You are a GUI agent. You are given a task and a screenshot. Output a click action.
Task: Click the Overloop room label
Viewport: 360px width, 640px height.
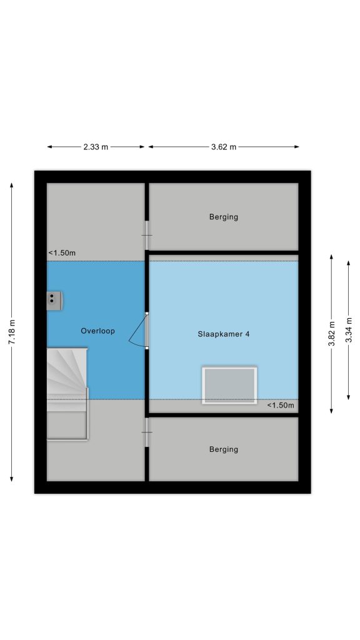tap(97, 331)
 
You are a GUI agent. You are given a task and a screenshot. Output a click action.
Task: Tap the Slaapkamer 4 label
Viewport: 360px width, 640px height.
tap(223, 334)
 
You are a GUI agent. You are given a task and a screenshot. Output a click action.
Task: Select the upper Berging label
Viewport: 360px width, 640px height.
tap(223, 217)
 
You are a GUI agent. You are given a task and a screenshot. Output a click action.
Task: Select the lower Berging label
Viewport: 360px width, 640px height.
tap(223, 449)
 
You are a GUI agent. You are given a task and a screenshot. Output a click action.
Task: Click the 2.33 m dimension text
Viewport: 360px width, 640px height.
tap(96, 147)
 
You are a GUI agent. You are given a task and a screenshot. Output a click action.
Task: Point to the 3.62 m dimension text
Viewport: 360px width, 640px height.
tap(224, 147)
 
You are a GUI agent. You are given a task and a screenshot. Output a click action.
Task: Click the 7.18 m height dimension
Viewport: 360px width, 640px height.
tap(12, 332)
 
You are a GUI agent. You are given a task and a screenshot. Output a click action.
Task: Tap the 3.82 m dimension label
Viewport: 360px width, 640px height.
tap(332, 334)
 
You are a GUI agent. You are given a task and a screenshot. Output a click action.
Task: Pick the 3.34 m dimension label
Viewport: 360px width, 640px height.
tap(349, 330)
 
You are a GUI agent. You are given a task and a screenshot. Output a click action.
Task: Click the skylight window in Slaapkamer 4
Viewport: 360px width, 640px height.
tap(229, 386)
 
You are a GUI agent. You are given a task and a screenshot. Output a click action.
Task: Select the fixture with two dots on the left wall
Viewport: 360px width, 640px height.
tap(54, 301)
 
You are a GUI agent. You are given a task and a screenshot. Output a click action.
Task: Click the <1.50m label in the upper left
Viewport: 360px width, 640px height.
tap(62, 253)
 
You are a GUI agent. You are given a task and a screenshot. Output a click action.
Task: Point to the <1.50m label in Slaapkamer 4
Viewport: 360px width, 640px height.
tap(281, 405)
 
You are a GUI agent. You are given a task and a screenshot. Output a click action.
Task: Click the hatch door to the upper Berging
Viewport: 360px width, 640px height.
tap(146, 236)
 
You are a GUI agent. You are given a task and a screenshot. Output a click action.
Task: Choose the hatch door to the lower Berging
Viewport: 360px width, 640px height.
tap(146, 432)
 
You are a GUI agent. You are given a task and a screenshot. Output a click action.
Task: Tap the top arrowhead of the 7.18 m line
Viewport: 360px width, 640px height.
tap(12, 185)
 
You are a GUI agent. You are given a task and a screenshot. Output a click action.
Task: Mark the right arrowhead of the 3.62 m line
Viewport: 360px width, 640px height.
tap(297, 147)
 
